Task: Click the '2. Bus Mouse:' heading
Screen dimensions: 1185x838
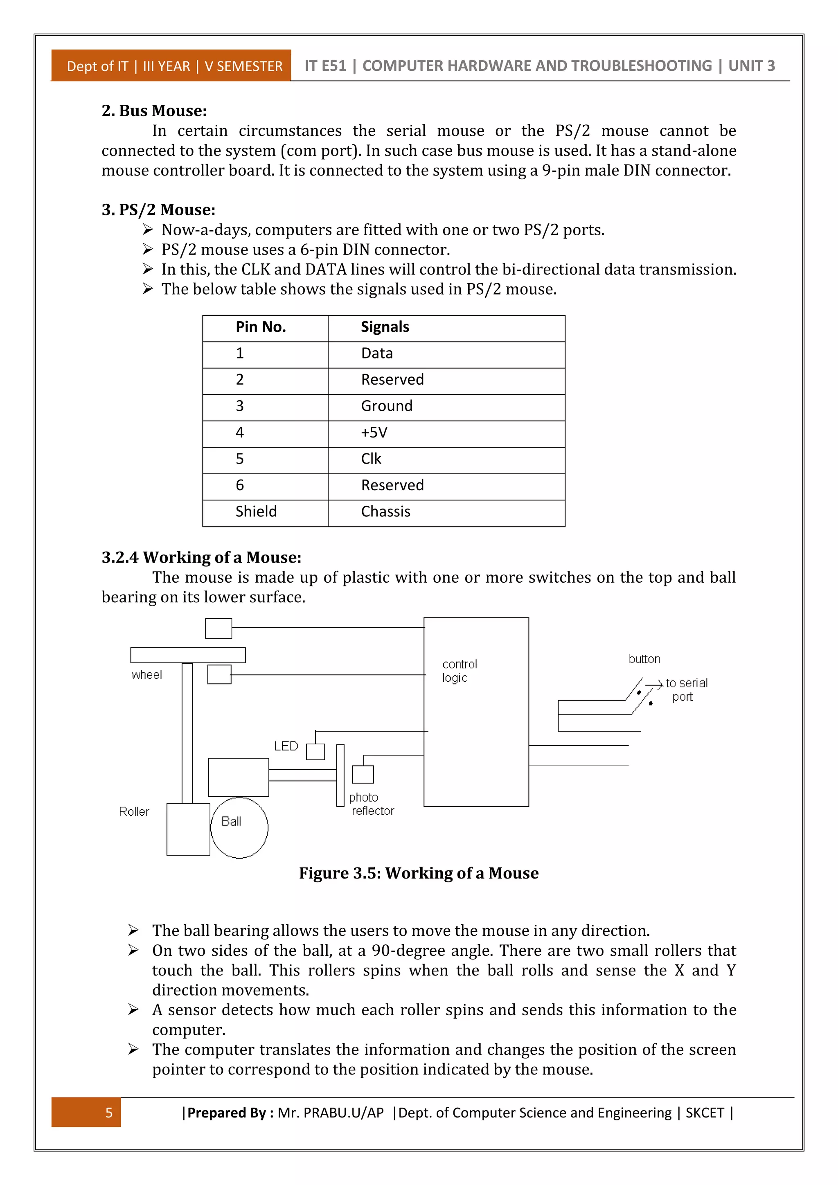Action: [x=154, y=110]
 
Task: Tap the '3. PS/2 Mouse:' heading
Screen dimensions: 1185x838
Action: [x=158, y=210]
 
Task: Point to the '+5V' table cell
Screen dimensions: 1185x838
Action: [x=374, y=432]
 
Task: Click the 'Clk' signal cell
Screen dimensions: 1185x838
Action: [x=371, y=458]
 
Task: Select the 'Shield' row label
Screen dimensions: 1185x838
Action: [x=256, y=511]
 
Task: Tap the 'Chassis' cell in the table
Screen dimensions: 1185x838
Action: [x=385, y=511]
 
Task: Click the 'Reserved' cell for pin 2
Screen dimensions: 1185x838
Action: [x=392, y=379]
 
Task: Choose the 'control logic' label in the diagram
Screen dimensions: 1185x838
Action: [x=459, y=670]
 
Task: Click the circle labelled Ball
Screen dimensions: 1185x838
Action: [x=239, y=828]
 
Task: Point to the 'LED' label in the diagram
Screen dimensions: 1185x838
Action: [x=286, y=746]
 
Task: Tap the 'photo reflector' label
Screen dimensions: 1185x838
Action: [x=371, y=804]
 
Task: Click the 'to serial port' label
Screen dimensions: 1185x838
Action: [x=686, y=689]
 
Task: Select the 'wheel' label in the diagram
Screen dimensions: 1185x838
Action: [x=146, y=675]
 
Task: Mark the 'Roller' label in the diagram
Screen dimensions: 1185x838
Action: [x=134, y=811]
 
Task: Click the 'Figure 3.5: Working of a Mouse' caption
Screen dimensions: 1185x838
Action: [x=419, y=873]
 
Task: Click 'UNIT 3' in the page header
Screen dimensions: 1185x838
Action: [x=751, y=66]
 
